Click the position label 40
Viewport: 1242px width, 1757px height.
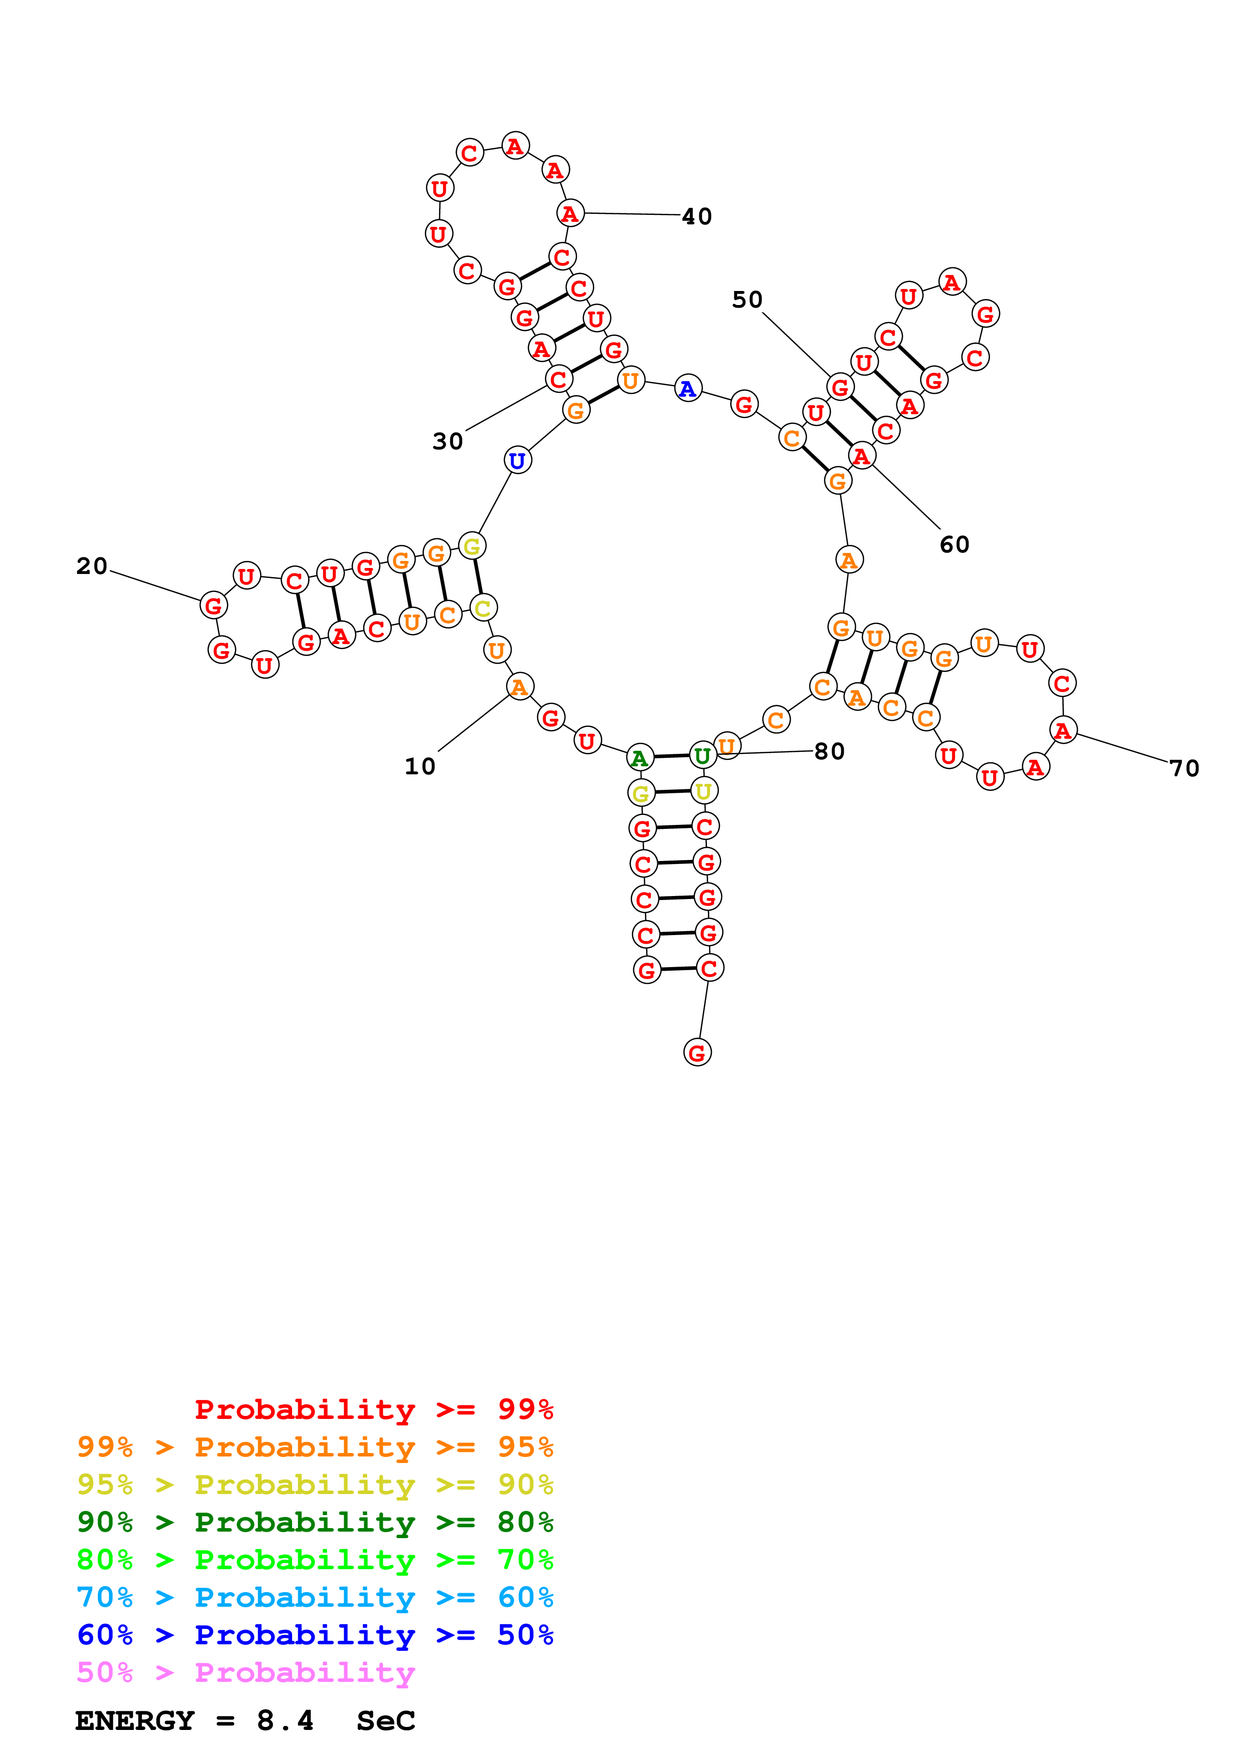(696, 216)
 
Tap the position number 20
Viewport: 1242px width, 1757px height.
(92, 566)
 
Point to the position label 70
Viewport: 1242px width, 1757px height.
(1184, 768)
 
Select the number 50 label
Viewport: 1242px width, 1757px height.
(747, 300)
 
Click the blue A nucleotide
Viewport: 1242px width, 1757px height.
(688, 390)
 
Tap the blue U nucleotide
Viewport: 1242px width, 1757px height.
(518, 461)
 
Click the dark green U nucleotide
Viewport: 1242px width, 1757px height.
(702, 756)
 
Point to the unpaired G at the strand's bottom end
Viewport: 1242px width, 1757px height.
(696, 1053)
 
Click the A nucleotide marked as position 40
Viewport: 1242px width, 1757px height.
(570, 213)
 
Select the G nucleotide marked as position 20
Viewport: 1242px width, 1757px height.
(213, 606)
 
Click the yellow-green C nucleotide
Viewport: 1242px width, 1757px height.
(483, 609)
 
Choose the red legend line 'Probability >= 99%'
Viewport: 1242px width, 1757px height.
(373, 1409)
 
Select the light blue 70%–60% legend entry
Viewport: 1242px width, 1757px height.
(315, 1597)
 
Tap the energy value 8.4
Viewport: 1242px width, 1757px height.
(285, 1721)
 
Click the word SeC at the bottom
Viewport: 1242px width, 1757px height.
(386, 1721)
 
